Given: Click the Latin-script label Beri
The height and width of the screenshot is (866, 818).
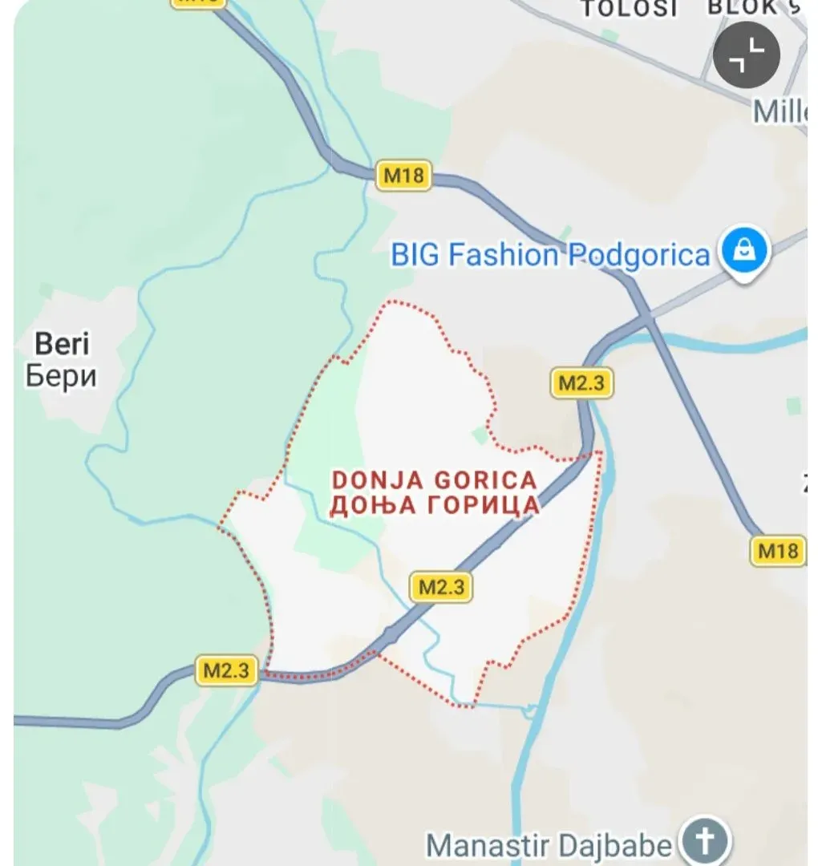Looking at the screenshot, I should (x=63, y=345).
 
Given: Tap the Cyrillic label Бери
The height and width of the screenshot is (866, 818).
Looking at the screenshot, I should (x=61, y=375).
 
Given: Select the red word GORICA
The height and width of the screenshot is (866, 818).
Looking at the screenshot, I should (x=484, y=480).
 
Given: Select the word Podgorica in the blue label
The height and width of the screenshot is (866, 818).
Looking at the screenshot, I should (x=638, y=256).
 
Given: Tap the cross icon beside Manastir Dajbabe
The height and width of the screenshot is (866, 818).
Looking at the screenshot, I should (x=705, y=842).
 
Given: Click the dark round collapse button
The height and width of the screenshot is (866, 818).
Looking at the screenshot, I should (x=746, y=55).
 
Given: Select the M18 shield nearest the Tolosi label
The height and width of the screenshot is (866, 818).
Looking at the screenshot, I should (x=403, y=176).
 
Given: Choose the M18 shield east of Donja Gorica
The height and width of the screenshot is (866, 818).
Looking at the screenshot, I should (x=778, y=551).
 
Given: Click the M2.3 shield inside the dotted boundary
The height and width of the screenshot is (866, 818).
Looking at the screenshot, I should (x=442, y=587).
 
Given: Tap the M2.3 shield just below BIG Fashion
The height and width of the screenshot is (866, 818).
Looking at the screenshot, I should (x=581, y=382).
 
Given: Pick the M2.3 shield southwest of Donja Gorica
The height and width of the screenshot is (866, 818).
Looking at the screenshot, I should (x=227, y=670).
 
